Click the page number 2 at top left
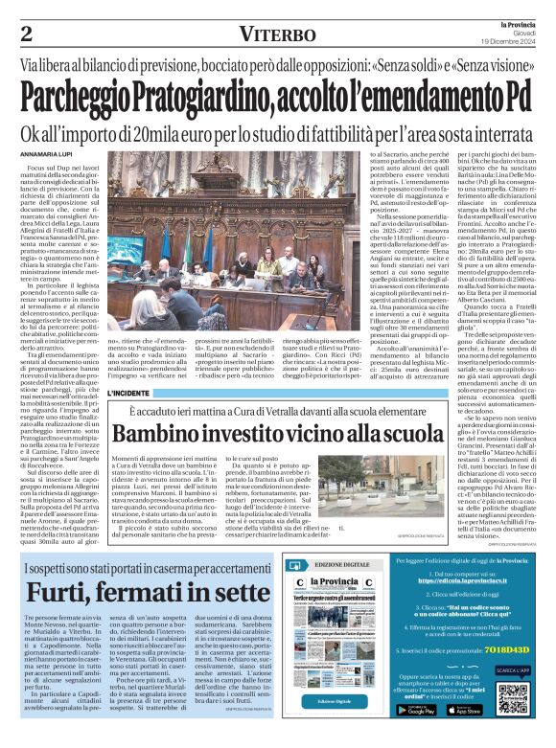click(x=26, y=34)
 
